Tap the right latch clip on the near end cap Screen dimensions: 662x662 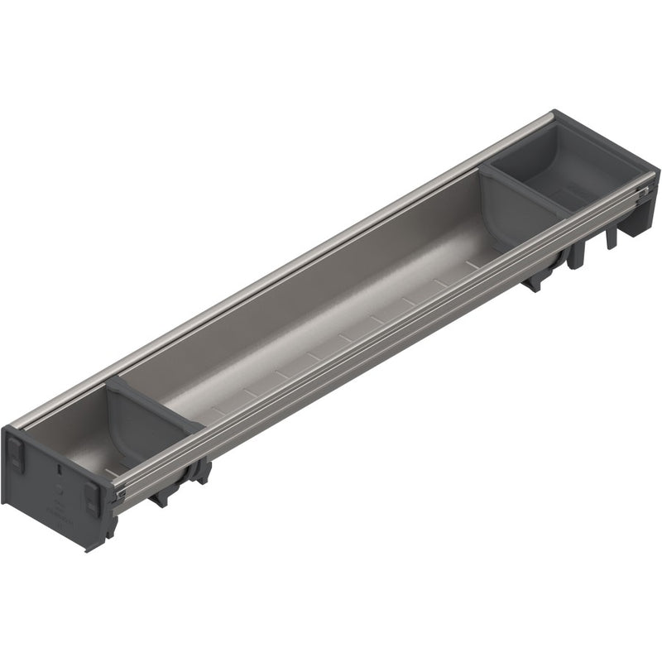pos(92,498)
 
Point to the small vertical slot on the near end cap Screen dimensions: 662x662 pos(60,468)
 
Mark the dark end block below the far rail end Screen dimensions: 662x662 pos(637,223)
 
